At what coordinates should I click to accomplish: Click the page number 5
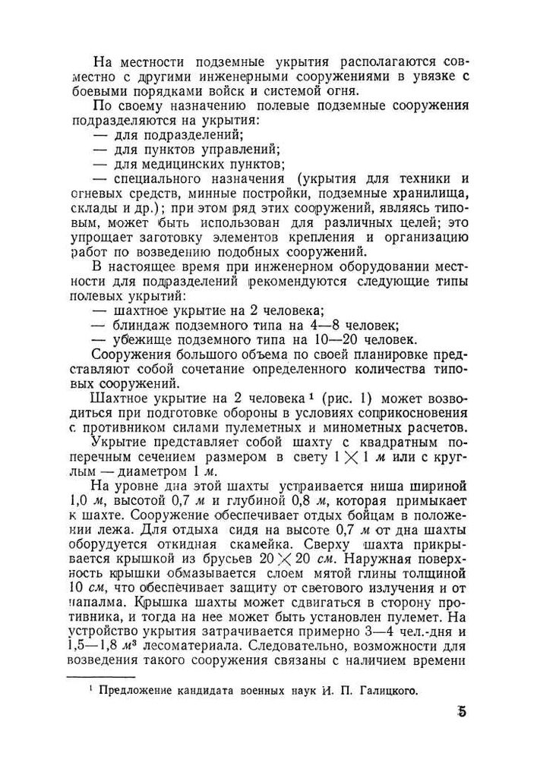coord(462,713)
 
